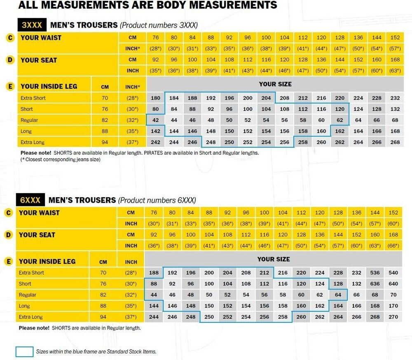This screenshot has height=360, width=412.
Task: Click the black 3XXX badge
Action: [x=32, y=25]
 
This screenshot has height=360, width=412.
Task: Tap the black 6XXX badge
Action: [x=30, y=200]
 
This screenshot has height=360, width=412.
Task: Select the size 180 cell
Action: [x=156, y=98]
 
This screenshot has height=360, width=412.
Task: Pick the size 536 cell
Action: [x=375, y=273]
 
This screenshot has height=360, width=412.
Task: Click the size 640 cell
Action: [x=393, y=284]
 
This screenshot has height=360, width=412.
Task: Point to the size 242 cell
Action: [x=156, y=143]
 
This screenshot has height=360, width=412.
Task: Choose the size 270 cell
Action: [x=393, y=317]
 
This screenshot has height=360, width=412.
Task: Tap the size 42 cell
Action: [x=156, y=120]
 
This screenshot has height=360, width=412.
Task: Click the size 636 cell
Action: [x=375, y=284]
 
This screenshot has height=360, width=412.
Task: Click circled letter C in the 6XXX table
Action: [x=8, y=213]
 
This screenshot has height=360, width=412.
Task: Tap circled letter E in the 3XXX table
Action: [x=10, y=86]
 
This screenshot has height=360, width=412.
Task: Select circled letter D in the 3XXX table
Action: [x=10, y=60]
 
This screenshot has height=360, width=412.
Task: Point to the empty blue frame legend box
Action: [x=24, y=352]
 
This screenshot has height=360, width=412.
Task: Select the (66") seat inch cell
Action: [x=393, y=246]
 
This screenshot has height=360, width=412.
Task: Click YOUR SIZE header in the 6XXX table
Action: [x=274, y=259]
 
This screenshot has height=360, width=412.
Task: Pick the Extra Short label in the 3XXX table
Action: [x=33, y=98]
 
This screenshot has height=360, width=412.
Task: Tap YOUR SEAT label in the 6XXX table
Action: [x=37, y=235]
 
